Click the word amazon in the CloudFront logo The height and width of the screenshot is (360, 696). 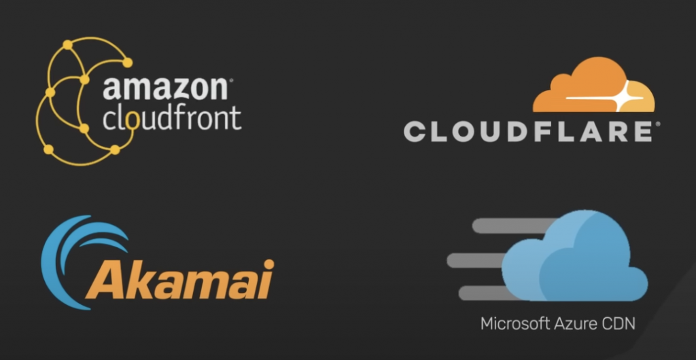pyautogui.click(x=164, y=90)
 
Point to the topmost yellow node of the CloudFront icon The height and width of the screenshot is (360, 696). pyautogui.click(x=67, y=45)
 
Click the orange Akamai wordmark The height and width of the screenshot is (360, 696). pyautogui.click(x=180, y=278)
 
